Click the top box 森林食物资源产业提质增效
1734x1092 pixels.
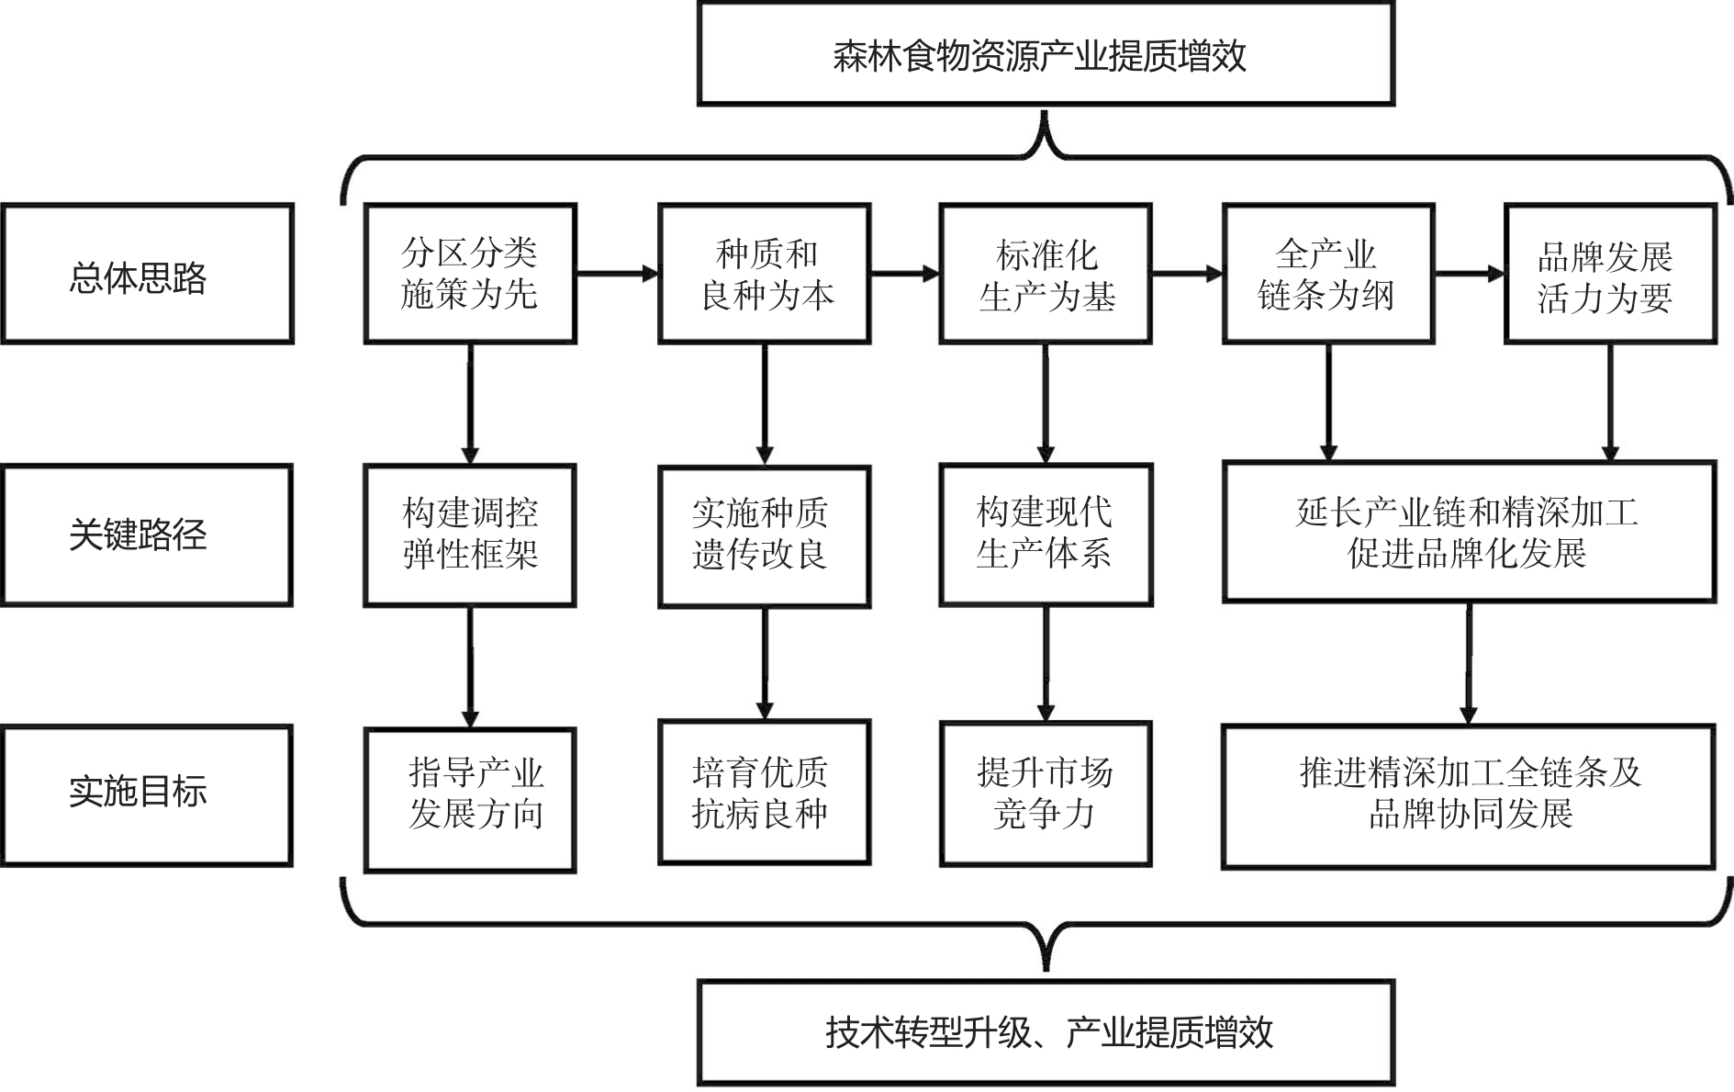[x=1045, y=55]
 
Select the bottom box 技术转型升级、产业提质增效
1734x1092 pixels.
[x=1045, y=1032]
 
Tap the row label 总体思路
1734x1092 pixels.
[x=147, y=275]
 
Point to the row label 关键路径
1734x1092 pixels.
[x=147, y=535]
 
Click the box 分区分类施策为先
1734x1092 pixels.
[x=470, y=275]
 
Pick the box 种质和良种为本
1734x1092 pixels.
[x=764, y=275]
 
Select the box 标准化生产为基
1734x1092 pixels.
[x=1045, y=275]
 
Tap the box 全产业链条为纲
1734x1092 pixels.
[x=1327, y=275]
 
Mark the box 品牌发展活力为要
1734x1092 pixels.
[x=1609, y=275]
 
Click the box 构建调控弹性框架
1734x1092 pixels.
[x=470, y=535]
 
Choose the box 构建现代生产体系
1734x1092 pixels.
[x=1045, y=535]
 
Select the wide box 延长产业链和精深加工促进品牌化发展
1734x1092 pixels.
[x=1468, y=533]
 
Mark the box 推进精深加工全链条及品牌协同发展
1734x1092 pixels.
[x=1468, y=795]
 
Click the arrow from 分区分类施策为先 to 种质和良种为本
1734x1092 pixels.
[x=617, y=273]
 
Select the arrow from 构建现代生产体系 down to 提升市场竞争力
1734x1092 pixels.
[x=1045, y=663]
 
